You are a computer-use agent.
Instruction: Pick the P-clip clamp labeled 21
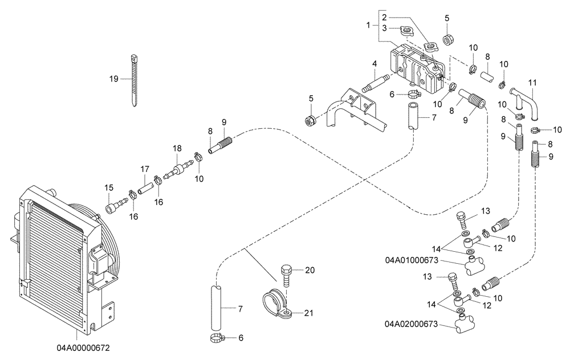(x=275, y=304)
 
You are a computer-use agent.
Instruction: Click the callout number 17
(x=145, y=169)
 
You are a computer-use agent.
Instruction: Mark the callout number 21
(x=308, y=313)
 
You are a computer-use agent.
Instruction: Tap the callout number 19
(x=114, y=79)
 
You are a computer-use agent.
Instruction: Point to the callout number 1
(x=369, y=25)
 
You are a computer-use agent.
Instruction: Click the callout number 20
(x=309, y=270)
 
